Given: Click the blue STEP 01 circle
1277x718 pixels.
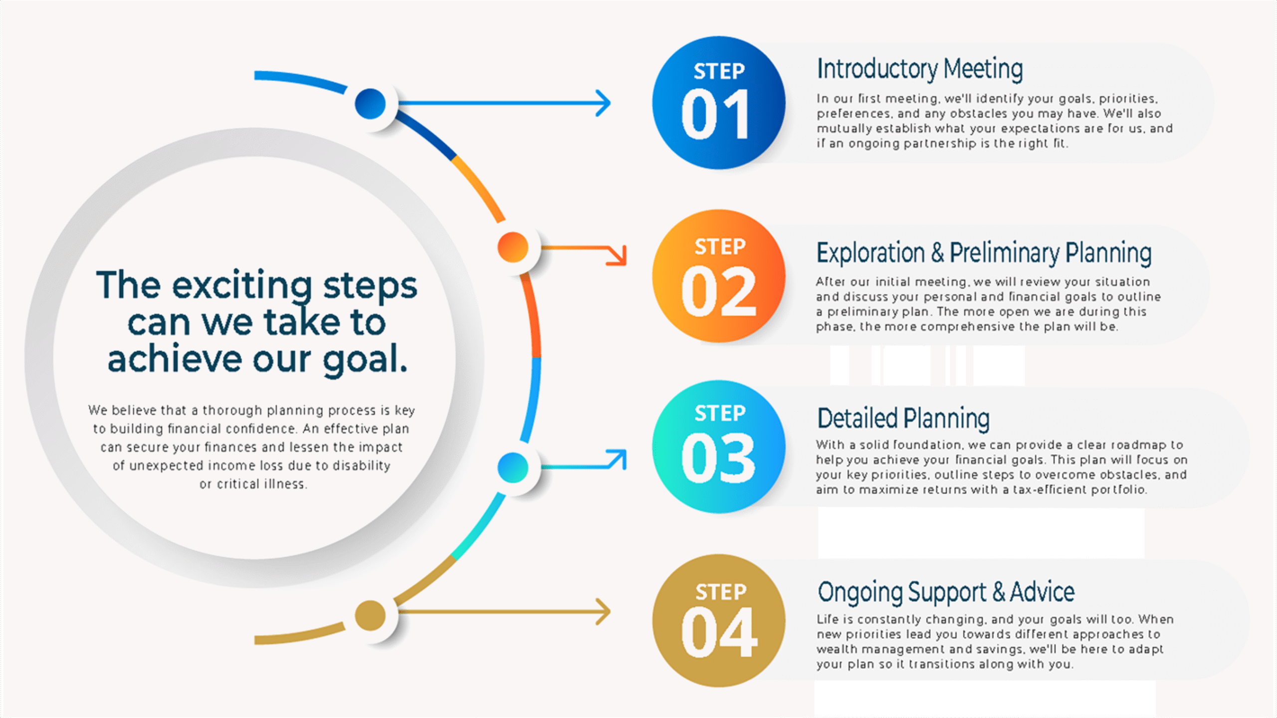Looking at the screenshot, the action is coord(718,102).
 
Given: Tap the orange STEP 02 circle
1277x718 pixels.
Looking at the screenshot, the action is coord(718,276).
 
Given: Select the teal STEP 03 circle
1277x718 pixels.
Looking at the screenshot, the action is coord(718,447).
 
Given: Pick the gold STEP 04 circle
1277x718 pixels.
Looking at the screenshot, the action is coord(718,620).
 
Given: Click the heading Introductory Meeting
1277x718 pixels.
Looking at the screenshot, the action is coord(919,69).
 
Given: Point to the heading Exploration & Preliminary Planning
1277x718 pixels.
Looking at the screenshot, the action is coord(984,252).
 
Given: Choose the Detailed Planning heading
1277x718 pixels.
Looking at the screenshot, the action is coord(903,418).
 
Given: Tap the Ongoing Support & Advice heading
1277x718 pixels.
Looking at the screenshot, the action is coord(946,592).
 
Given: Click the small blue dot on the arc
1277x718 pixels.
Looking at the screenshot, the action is coord(370,104).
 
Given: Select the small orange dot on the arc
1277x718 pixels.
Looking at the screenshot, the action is coord(513,247).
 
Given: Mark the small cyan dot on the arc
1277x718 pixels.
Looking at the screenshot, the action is coord(513,468).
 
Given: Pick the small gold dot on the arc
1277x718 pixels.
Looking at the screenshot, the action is coord(370,615).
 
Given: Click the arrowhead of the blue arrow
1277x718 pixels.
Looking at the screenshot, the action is coord(605,103).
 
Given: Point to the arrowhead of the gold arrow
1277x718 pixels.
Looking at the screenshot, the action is coord(605,612).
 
